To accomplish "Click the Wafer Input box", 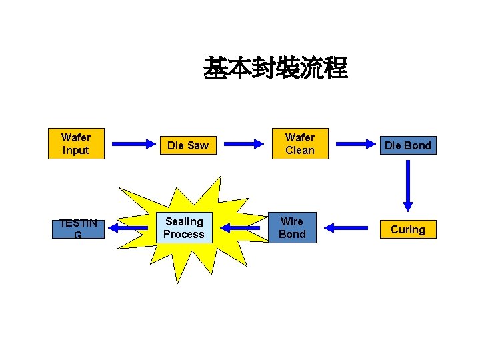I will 75,144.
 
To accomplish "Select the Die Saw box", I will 187,145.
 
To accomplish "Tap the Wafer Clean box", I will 299,144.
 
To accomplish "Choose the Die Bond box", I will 407,145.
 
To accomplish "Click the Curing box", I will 407,229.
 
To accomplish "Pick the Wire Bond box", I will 292,228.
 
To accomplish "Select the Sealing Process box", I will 184,228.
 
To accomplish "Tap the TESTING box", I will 78,229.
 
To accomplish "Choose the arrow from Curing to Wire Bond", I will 346,228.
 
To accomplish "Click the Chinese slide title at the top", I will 275,68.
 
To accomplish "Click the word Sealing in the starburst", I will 184,221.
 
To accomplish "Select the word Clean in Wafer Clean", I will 299,151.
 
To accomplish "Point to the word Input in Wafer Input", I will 75,151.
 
